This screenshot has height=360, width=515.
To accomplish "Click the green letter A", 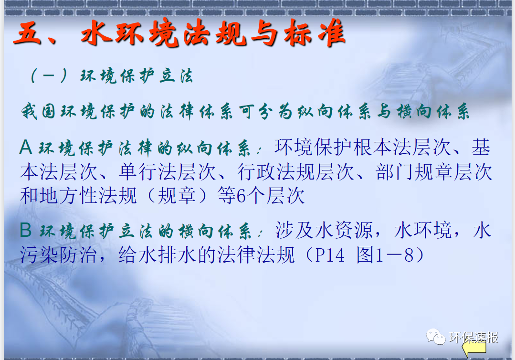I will click(25, 148).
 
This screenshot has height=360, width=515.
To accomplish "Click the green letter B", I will click(26, 231).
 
